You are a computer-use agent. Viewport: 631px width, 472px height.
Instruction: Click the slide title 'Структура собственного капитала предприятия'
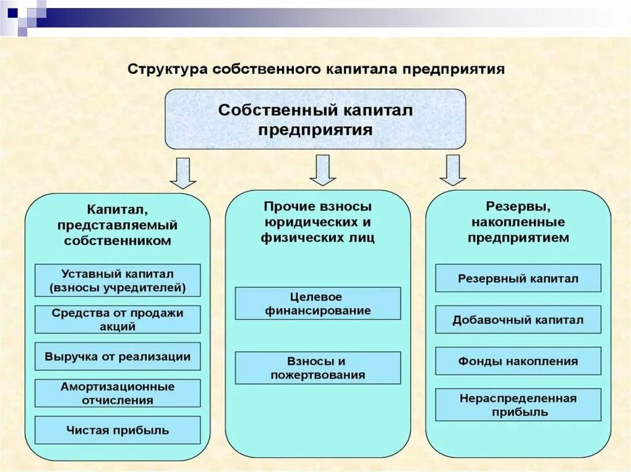(315, 68)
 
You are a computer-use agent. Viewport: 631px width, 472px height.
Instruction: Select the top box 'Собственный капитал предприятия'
(315, 119)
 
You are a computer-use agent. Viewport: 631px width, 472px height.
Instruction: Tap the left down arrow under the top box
(182, 173)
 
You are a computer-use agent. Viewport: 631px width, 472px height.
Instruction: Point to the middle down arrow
(322, 170)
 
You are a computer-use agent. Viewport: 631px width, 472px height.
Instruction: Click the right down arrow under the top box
(453, 170)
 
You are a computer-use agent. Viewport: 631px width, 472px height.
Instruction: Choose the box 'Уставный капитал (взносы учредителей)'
(118, 280)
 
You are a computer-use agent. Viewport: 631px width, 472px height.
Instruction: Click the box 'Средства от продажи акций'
(118, 320)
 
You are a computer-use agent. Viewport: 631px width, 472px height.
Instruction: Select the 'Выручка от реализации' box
(118, 356)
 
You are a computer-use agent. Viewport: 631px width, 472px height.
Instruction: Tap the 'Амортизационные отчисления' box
(118, 393)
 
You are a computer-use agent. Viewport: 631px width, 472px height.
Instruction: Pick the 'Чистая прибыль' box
(118, 430)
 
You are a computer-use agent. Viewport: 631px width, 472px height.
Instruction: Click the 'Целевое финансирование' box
(318, 303)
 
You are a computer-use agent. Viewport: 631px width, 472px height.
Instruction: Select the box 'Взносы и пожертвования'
(318, 368)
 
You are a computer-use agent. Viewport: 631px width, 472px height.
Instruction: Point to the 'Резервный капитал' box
(518, 278)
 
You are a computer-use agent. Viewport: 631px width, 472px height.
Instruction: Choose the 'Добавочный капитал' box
(518, 320)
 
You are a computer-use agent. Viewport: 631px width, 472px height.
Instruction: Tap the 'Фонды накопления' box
(518, 361)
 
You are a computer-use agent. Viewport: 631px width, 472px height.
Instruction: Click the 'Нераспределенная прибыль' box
(518, 405)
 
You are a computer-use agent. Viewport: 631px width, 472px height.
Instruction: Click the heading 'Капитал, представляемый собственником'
(118, 225)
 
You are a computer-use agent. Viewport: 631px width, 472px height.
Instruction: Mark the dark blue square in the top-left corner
(12, 10)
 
